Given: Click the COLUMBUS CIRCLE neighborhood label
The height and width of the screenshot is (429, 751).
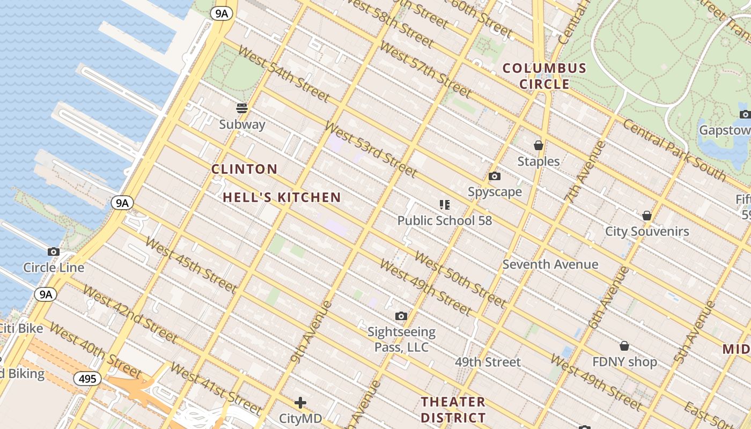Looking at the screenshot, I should [544, 76].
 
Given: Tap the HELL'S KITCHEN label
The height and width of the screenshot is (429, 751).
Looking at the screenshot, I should [282, 197].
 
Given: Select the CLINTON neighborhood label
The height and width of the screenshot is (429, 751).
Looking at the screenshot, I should [244, 169].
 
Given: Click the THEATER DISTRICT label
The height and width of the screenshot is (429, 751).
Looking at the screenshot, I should [453, 410].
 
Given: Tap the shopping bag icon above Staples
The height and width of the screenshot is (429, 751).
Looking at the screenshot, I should [538, 145].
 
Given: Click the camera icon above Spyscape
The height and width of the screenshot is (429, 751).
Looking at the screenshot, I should [494, 176].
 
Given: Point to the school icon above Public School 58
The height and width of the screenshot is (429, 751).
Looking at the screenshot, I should [444, 204].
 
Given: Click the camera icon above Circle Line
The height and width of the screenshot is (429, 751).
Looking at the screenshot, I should [53, 252].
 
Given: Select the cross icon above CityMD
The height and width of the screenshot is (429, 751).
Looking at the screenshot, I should [300, 402].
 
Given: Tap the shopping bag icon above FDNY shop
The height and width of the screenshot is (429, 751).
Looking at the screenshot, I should [624, 346].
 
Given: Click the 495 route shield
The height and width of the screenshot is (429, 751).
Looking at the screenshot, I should [87, 379].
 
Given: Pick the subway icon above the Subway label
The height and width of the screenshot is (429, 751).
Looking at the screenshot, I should [242, 108].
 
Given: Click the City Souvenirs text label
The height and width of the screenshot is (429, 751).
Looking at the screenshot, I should [646, 232].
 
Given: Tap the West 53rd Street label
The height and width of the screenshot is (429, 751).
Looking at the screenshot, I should [371, 150].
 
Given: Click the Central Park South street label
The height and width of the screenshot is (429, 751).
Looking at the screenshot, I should [674, 151].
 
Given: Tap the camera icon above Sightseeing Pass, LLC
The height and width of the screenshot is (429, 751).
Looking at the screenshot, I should [401, 316].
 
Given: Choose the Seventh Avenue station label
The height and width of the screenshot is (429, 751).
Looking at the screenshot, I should [550, 264].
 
